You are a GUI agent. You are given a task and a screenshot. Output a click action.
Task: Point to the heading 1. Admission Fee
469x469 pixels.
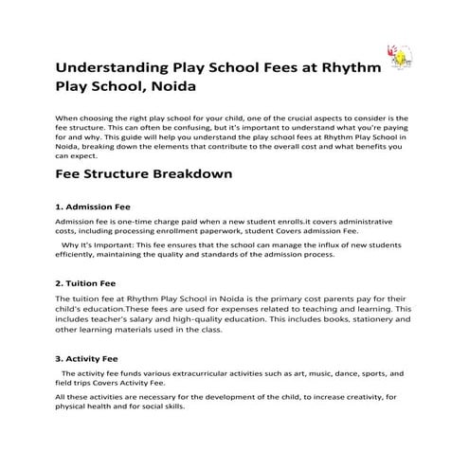[93, 207]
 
